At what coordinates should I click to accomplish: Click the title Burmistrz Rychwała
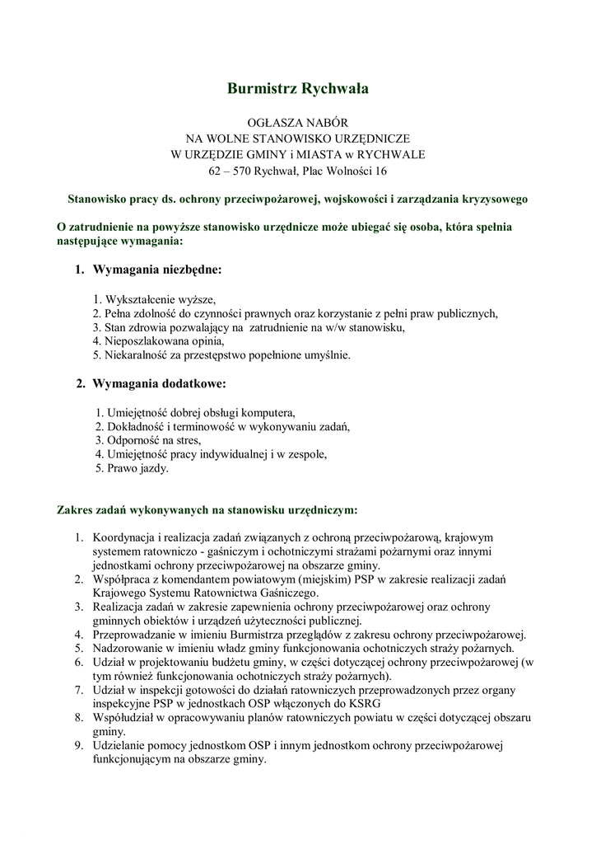click(x=298, y=87)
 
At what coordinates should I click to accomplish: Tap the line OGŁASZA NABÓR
click(x=298, y=120)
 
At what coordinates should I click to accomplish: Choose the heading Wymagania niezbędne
click(x=157, y=270)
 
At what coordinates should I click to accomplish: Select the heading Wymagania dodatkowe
click(x=159, y=383)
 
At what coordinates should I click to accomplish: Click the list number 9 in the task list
click(x=79, y=746)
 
